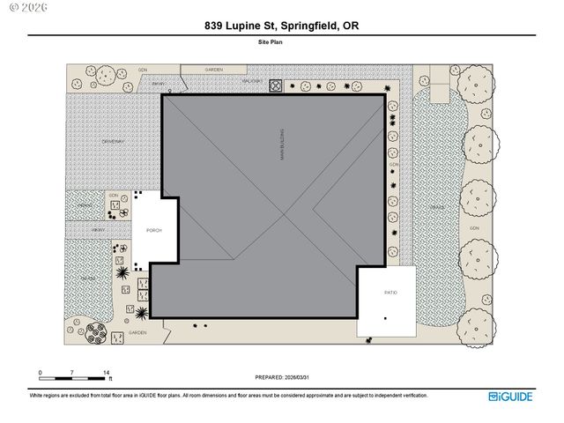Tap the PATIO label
(390, 292)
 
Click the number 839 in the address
(213, 26)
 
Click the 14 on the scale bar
(106, 374)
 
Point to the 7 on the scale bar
(72, 374)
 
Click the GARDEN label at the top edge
(213, 69)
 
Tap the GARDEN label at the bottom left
(137, 333)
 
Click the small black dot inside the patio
(385, 317)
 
